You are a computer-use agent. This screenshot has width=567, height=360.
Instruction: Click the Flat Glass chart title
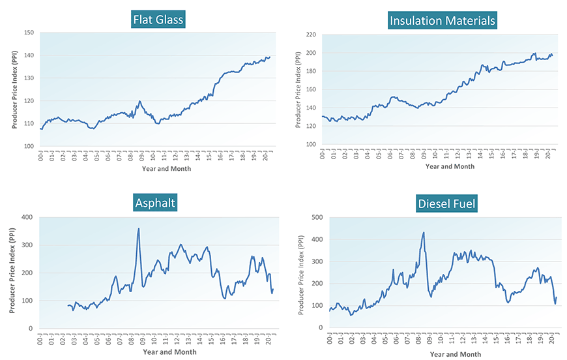(x=158, y=20)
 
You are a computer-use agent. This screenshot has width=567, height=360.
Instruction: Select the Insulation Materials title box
(x=443, y=20)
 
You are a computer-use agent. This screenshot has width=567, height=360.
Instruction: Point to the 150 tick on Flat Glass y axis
(x=29, y=33)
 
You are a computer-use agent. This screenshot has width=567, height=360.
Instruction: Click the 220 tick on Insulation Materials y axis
(x=311, y=35)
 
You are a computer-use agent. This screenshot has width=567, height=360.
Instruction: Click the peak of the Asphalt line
(x=138, y=229)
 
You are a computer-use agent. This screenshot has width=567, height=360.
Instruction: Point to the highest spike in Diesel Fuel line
(x=424, y=233)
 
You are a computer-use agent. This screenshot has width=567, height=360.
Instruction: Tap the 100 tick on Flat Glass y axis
(x=29, y=146)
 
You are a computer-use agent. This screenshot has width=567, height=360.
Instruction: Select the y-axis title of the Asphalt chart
(x=12, y=273)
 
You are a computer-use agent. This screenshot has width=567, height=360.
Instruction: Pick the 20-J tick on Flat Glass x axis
(x=267, y=157)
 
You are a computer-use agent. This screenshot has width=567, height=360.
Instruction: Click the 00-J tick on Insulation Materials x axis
(x=323, y=154)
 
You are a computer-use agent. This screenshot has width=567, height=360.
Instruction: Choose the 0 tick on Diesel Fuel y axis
(x=321, y=327)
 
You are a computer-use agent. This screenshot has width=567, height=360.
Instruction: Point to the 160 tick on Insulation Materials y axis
(x=311, y=89)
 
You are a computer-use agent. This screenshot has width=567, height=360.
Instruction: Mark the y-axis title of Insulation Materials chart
(x=298, y=89)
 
